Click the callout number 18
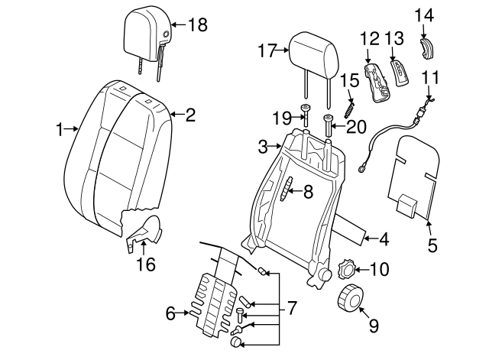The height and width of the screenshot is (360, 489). point(197,24)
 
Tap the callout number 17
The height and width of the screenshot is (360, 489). point(266,51)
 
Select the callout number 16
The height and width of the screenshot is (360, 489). point(145,264)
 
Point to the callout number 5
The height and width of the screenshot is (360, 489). point(432,245)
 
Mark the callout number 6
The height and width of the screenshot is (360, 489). point(170,312)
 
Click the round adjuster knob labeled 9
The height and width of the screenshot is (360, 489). point(351,297)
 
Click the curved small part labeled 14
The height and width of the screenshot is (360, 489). point(428,47)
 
